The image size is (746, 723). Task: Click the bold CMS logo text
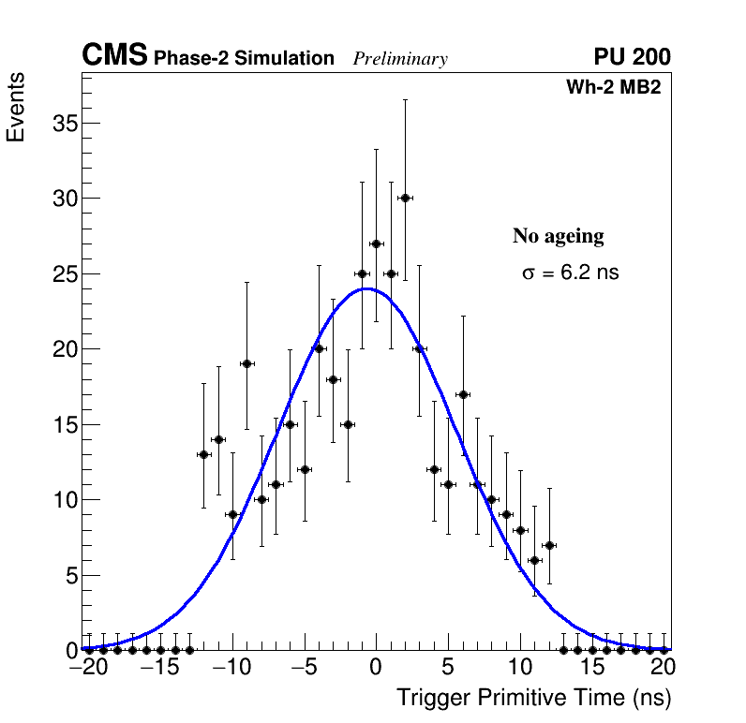[x=114, y=56]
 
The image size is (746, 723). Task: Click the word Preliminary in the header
[x=400, y=59]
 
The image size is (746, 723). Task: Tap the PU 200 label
[x=632, y=57]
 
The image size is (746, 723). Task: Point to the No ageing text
[x=559, y=236]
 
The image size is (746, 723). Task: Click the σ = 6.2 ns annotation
[x=571, y=273]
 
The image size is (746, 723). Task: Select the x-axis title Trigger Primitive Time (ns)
[x=534, y=698]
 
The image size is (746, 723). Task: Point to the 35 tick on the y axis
[x=61, y=124]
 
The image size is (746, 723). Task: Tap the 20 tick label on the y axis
[x=61, y=349]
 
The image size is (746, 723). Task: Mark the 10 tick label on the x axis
[x=519, y=669]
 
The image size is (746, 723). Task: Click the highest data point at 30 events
[x=405, y=198]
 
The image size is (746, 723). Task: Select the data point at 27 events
[x=376, y=243]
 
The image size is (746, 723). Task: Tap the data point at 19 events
[x=246, y=363]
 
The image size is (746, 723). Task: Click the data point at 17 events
[x=463, y=394]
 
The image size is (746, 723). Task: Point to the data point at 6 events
[x=534, y=560]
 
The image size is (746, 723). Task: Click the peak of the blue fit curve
[x=367, y=288]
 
